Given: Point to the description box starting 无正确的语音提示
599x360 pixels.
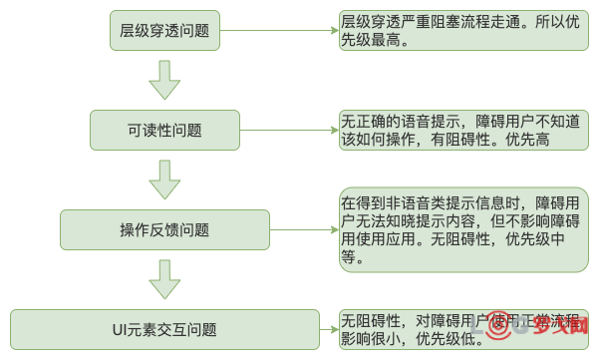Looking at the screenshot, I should (x=462, y=129).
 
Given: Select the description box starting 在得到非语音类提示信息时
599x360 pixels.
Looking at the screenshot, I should (x=462, y=228).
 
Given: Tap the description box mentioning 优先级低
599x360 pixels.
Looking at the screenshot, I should (x=462, y=330).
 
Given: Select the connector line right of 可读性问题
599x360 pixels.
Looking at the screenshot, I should (x=289, y=129).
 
